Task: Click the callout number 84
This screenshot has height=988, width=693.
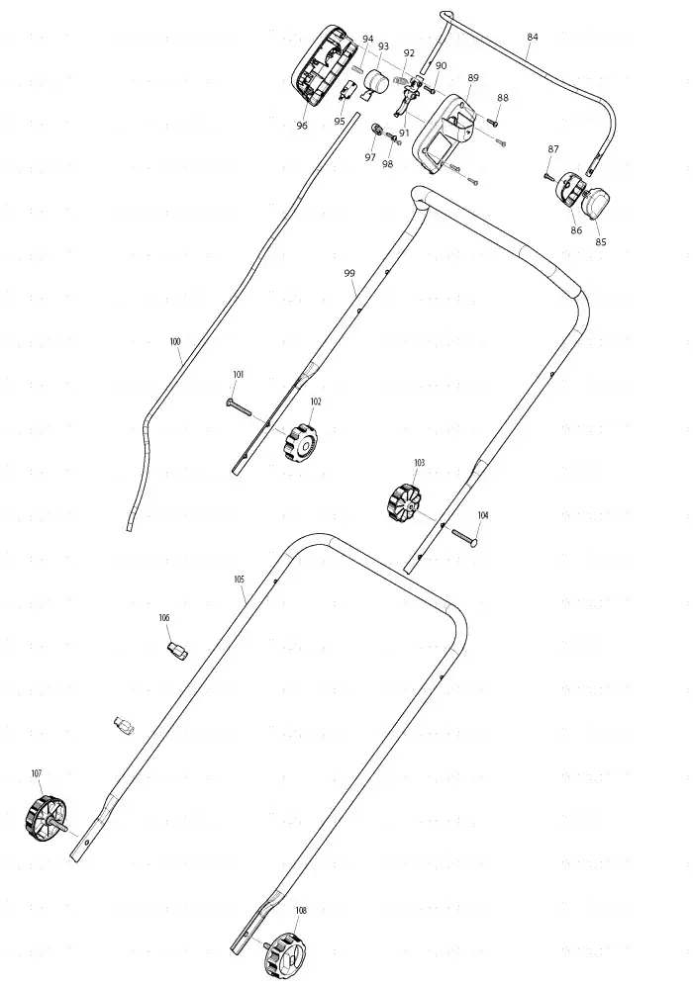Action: [x=533, y=38]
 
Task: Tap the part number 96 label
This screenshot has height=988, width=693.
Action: [x=302, y=126]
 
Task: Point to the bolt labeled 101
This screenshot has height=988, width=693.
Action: [x=238, y=407]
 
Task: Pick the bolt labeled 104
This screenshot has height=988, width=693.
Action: [x=465, y=537]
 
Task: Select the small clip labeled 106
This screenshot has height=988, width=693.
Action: [x=177, y=651]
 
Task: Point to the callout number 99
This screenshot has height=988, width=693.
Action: [x=349, y=274]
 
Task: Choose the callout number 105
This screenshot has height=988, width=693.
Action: [x=239, y=580]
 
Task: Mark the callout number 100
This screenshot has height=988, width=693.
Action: [x=174, y=341]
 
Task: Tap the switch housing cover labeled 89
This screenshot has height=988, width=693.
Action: [x=444, y=134]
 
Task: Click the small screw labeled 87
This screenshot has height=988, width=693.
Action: [x=547, y=176]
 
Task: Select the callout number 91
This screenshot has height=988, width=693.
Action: [x=404, y=134]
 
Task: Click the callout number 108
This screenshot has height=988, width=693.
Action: [x=301, y=911]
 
